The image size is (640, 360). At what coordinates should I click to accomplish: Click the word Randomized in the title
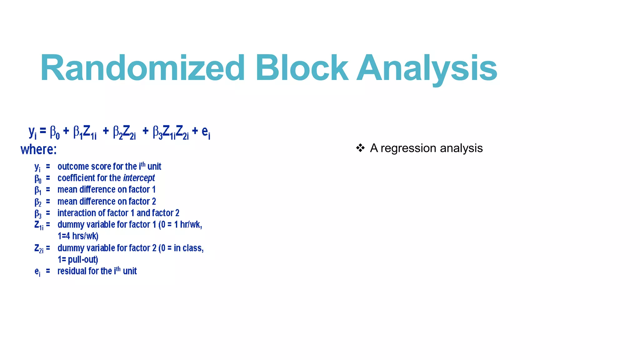pos(142,68)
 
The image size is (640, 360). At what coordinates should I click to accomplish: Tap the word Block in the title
pos(302,68)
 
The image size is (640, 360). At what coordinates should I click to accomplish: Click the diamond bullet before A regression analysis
pos(360,148)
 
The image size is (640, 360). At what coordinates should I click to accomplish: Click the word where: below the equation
pos(38,149)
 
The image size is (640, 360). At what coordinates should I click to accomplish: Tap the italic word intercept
pos(139,178)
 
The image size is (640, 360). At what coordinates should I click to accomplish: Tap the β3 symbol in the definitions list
pos(38,214)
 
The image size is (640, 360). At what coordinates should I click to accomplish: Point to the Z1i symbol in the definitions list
pos(39,225)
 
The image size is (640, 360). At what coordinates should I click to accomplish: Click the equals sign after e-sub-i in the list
pos(48,271)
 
